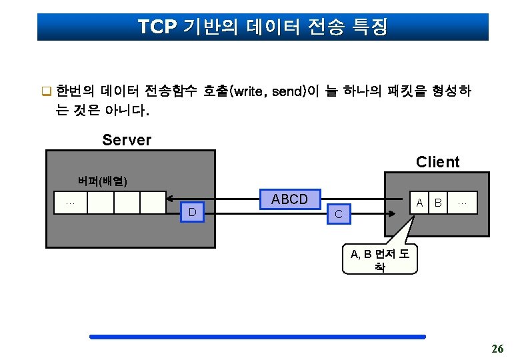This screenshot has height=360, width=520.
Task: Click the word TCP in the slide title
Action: pos(157,27)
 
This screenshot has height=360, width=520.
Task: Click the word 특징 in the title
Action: pos(369,27)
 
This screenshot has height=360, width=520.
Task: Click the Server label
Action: pos(127,140)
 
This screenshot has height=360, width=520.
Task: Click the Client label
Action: pos(437,162)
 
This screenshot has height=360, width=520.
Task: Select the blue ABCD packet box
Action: pos(289,199)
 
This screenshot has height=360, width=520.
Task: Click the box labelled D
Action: pos(192,212)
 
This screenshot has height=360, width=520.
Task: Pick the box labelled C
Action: pos(339,213)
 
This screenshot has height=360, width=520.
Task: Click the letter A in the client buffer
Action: pos(419,202)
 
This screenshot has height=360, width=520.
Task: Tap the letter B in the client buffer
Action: pos(437,202)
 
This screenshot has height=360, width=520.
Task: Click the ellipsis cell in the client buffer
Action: pos(463,202)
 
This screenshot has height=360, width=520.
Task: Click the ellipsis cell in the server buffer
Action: pos(71,203)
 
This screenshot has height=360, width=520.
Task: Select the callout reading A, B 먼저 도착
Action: pos(379,260)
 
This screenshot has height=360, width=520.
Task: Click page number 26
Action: pos(497,348)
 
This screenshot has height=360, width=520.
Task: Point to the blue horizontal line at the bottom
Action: pos(257,337)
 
